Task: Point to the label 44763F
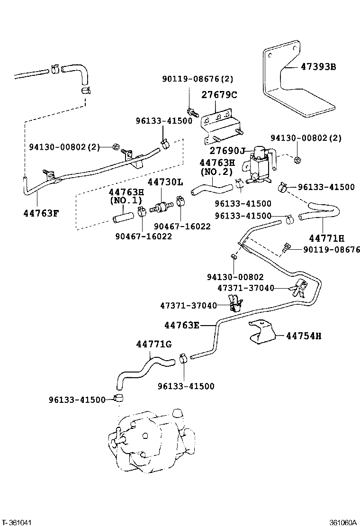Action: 41,213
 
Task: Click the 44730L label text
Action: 164,182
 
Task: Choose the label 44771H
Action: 326,238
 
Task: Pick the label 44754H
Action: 304,336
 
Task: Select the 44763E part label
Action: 182,325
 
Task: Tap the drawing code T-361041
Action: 17,522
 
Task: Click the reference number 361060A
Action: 343,522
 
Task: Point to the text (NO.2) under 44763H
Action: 217,171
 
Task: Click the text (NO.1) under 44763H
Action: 126,200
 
